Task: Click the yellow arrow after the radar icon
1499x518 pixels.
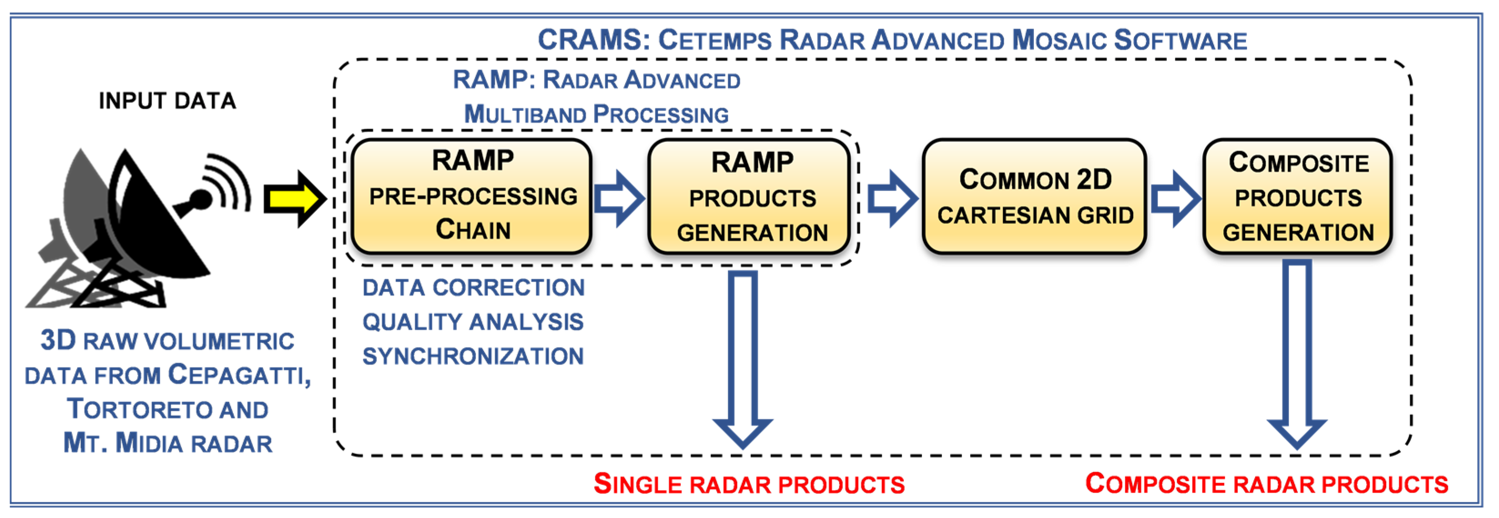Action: [294, 199]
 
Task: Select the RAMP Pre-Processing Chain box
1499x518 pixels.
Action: [472, 196]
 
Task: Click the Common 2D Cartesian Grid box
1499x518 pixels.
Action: [1035, 196]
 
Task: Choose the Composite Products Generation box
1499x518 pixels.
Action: [1298, 196]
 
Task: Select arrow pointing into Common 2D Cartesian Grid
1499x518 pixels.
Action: [892, 199]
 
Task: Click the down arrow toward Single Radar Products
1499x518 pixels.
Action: [743, 361]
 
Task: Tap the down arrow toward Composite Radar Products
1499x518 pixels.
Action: [1296, 355]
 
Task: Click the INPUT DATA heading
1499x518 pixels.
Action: [167, 101]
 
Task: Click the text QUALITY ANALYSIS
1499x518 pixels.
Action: [473, 322]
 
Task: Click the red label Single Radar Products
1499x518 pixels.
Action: [749, 484]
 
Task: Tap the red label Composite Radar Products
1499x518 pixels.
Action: [1267, 484]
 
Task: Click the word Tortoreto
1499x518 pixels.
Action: [140, 409]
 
